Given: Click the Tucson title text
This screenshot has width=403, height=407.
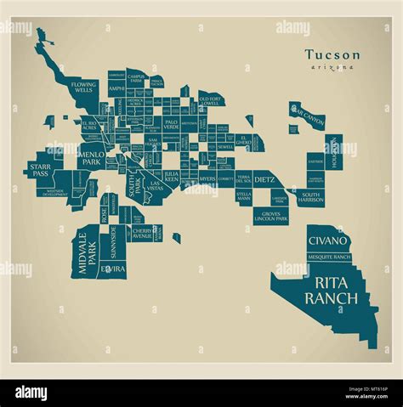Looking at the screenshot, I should coord(332,54).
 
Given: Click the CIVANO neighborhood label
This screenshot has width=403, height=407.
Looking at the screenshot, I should coord(327,242).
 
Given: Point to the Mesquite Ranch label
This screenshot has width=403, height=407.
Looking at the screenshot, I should coord(329,257).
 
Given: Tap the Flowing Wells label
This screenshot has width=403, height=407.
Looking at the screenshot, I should coord(84,88).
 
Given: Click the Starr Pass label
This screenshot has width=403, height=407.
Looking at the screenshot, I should coord(40,169).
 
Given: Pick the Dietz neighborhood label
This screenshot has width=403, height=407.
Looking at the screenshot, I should coord(264,180).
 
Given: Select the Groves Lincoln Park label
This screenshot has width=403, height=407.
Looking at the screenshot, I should coord(271,217).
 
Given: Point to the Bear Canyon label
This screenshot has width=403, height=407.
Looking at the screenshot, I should coord(309,116).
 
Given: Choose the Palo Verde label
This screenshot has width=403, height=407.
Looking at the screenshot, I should coord(171,123).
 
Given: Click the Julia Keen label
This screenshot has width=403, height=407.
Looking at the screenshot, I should coord(172,178).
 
